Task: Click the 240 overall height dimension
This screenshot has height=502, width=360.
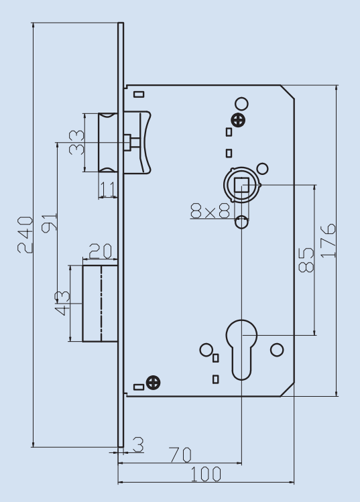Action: [x=23, y=235]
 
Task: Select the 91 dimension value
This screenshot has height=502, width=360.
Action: [x=49, y=221]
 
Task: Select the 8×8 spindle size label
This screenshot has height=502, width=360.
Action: [x=210, y=211]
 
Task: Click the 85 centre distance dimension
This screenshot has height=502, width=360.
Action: [x=305, y=259]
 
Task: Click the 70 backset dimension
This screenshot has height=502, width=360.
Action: [x=178, y=455]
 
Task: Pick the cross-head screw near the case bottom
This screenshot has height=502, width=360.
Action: [x=154, y=383]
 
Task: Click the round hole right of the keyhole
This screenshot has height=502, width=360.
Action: [x=276, y=350]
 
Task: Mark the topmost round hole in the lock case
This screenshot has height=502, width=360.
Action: [x=242, y=103]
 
